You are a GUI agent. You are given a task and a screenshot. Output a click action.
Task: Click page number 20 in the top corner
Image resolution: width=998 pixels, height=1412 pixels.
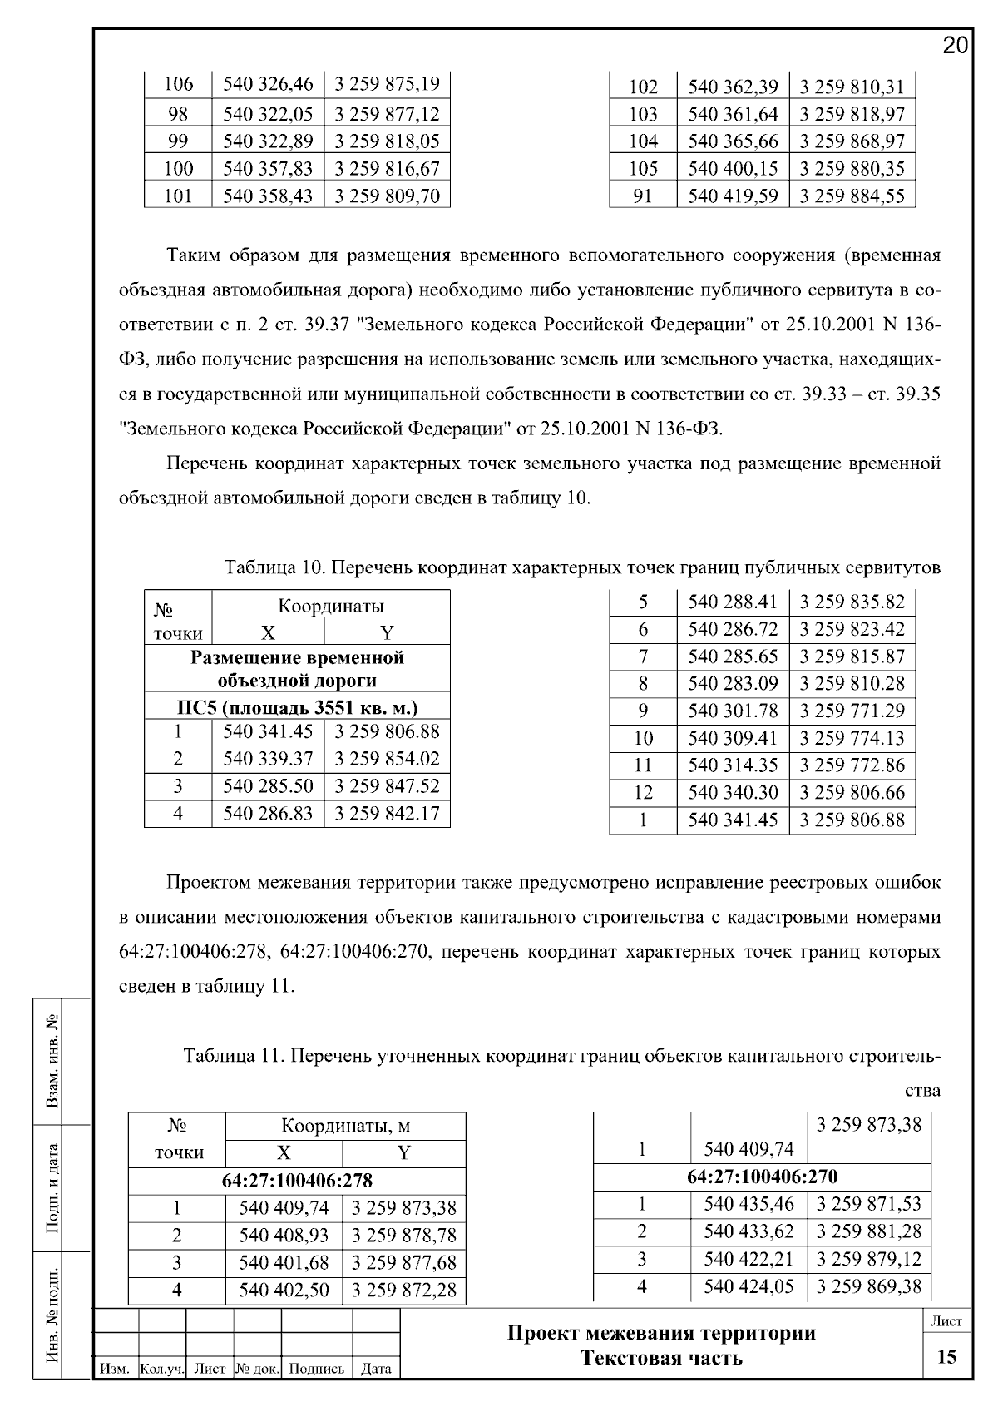(956, 46)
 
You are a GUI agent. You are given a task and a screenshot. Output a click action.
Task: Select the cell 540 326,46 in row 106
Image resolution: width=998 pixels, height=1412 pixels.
(268, 85)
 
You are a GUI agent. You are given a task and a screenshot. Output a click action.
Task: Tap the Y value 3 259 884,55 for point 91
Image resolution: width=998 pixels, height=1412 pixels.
(852, 196)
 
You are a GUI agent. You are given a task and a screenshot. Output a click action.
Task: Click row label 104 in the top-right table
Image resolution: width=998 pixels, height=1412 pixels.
(643, 141)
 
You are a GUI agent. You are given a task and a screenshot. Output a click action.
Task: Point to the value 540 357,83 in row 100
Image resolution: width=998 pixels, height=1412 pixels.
(268, 169)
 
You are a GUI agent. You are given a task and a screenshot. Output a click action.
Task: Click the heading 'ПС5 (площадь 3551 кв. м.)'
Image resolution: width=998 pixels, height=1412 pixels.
(297, 708)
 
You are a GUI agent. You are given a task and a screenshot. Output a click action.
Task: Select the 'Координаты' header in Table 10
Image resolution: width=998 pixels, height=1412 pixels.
(330, 606)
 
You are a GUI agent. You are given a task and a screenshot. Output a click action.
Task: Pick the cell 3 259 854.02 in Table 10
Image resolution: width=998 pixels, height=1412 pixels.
(387, 759)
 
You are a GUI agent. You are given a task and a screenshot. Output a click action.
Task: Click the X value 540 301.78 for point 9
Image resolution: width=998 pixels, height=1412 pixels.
(733, 711)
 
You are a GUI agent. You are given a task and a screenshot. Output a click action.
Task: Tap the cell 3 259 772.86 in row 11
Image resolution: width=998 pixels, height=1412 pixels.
(852, 765)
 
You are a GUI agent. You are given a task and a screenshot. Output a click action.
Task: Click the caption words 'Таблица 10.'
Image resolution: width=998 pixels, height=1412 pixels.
(273, 568)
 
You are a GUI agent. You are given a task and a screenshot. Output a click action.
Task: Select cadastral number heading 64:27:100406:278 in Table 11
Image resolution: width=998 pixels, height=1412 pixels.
(297, 1181)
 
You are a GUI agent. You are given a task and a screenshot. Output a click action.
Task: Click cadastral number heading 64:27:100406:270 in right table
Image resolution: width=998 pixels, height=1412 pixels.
(762, 1177)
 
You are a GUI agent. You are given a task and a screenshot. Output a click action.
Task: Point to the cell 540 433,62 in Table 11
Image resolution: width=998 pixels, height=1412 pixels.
(748, 1231)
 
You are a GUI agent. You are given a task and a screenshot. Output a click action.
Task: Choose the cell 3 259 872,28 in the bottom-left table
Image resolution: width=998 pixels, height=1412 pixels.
(403, 1291)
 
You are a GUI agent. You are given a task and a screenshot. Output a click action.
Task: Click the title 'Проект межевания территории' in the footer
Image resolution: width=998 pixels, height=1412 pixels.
(661, 1334)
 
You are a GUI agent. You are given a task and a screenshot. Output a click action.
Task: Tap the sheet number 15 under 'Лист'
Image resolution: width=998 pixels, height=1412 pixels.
(946, 1357)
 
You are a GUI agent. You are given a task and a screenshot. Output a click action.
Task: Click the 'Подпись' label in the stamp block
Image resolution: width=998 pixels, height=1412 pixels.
(317, 1369)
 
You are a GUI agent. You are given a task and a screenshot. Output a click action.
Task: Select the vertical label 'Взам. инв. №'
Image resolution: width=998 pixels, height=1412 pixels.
(52, 1061)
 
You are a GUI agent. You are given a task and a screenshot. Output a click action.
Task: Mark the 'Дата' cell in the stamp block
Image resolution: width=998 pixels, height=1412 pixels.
(376, 1369)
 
